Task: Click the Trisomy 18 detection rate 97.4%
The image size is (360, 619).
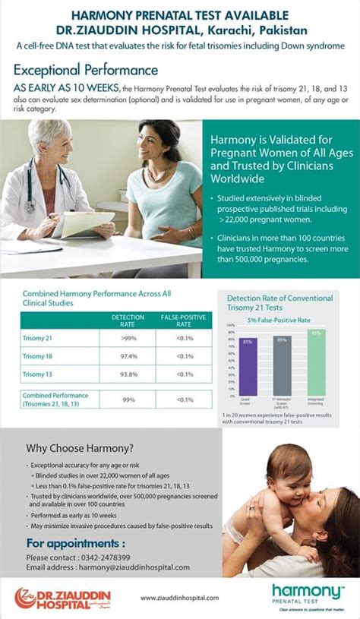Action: (x=128, y=356)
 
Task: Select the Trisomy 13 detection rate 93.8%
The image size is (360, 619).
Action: (x=128, y=374)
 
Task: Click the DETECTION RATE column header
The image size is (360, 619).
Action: (x=128, y=320)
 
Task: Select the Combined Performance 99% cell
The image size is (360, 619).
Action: (x=128, y=399)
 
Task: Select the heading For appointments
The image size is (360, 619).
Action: (x=75, y=543)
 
